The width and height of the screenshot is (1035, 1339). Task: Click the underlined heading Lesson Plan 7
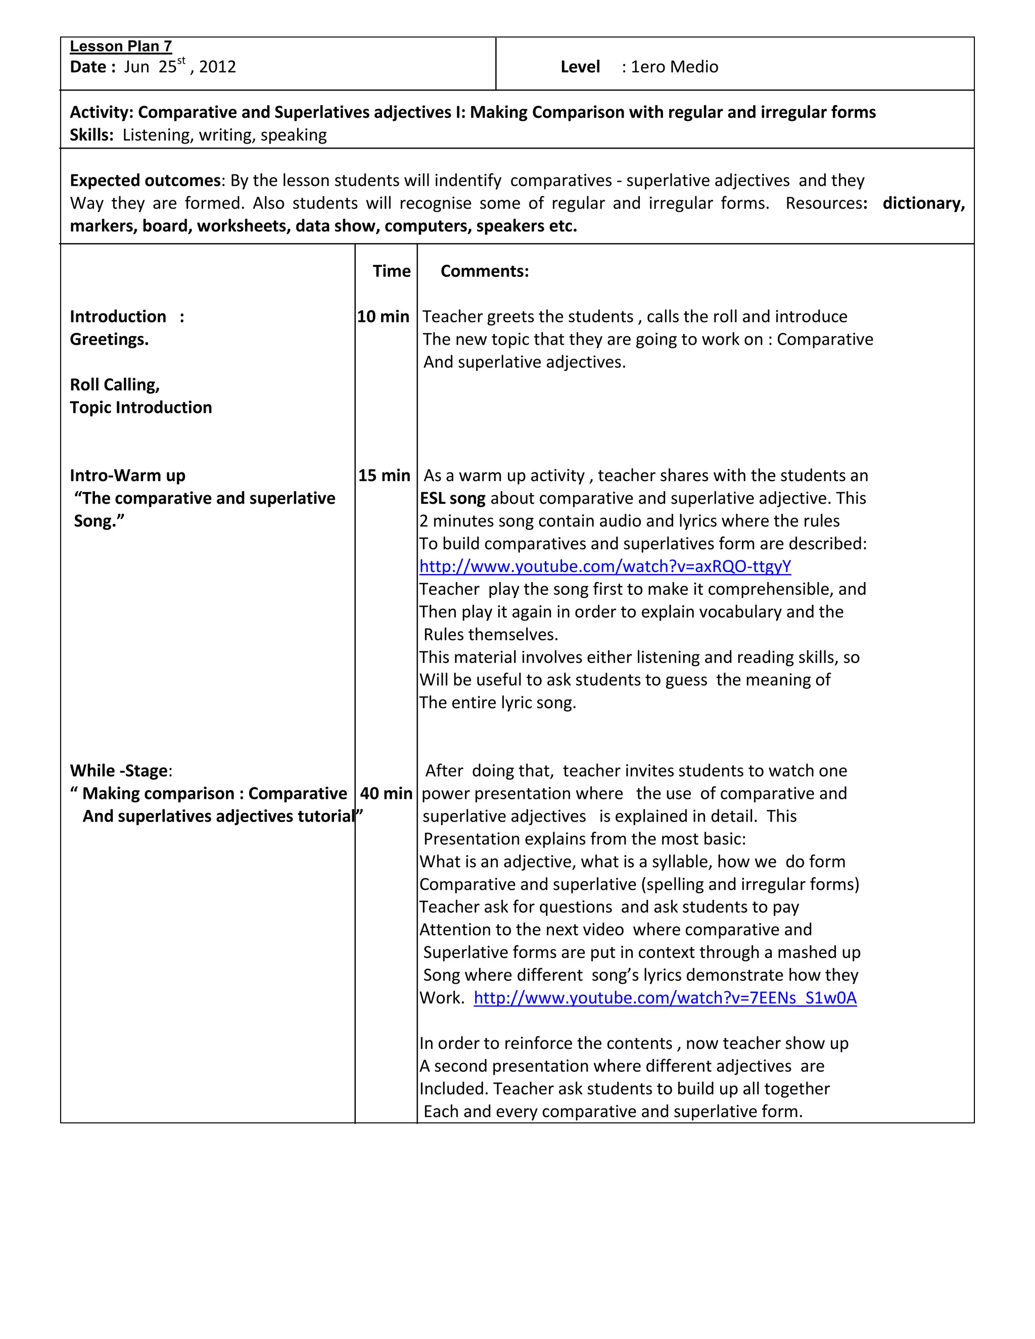(x=121, y=46)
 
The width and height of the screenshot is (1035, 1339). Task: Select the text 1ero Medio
(x=675, y=67)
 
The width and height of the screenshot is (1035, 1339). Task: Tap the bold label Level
(x=580, y=67)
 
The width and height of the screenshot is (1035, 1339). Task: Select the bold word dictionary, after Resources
(x=923, y=203)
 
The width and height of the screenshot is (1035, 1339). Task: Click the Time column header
(x=391, y=271)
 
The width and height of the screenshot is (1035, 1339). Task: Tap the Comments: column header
(x=484, y=271)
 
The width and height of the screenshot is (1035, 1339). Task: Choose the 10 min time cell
(x=383, y=316)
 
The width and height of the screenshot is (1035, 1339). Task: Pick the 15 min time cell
(x=384, y=475)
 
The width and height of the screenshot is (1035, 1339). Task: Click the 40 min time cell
(x=386, y=793)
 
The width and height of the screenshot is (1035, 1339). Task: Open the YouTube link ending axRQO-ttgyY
(x=605, y=566)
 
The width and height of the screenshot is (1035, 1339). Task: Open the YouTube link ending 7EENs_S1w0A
(x=665, y=997)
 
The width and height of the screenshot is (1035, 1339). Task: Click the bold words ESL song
(x=452, y=498)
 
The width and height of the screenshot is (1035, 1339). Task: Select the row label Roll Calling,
(x=115, y=385)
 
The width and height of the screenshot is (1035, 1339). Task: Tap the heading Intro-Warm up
(x=127, y=475)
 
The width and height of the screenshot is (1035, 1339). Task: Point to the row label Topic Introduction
(x=141, y=407)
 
